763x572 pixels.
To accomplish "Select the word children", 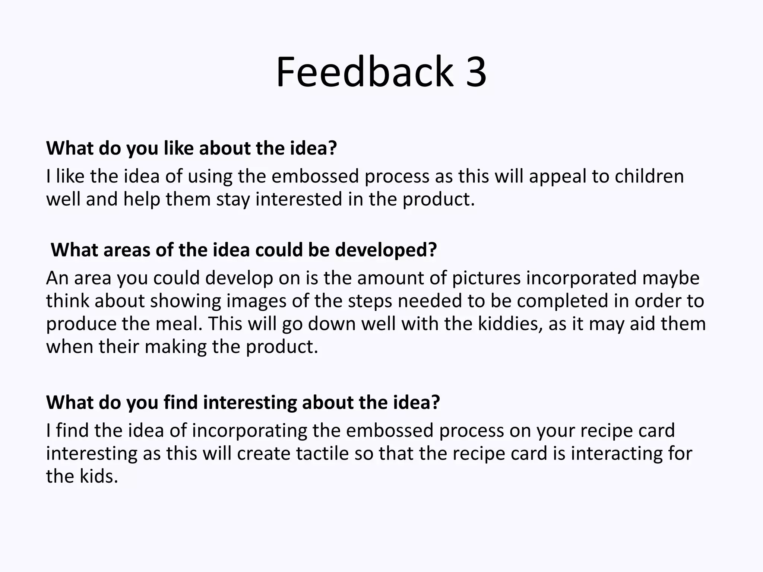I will [649, 176].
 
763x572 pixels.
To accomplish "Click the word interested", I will [299, 199].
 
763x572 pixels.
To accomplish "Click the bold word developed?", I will [386, 250].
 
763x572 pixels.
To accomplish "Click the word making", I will [175, 347].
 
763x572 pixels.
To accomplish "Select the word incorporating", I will [249, 430].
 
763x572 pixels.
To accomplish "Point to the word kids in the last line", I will [99, 476].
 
